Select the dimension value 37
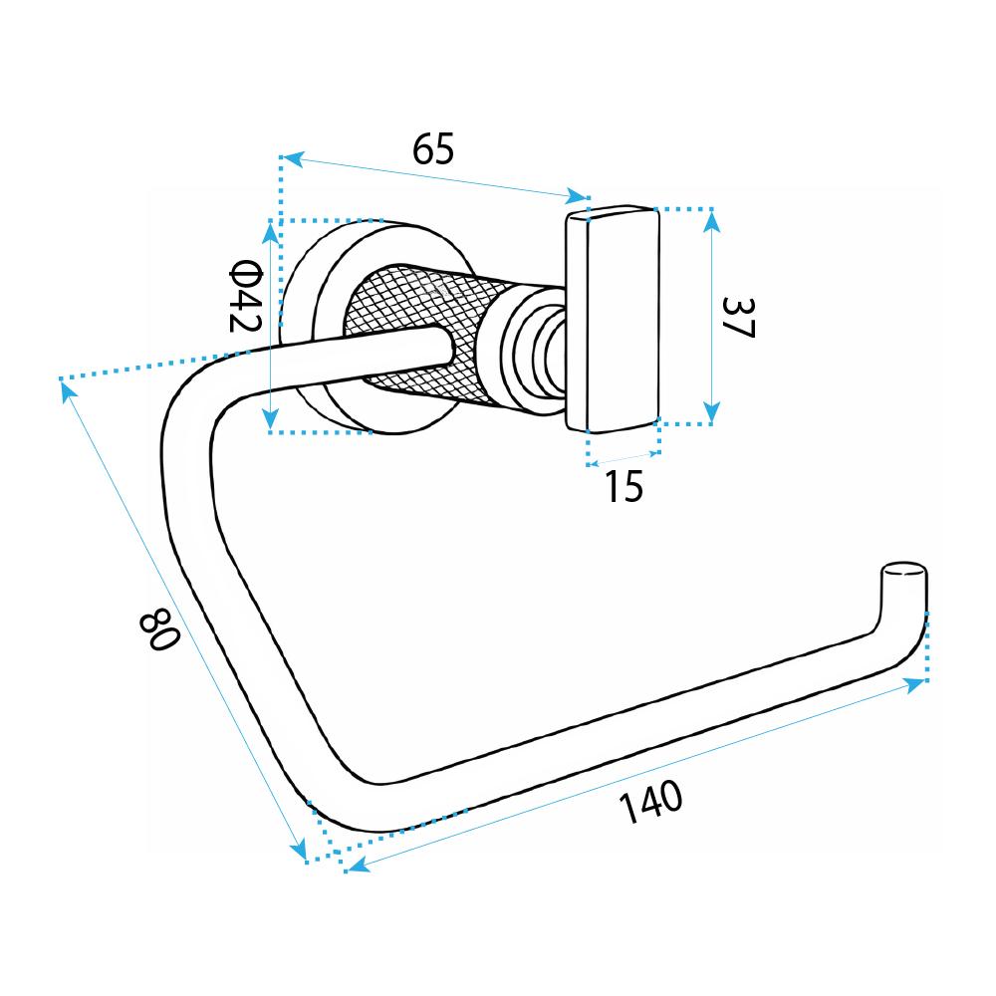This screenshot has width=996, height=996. click(740, 317)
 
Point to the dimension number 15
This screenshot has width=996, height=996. click(624, 486)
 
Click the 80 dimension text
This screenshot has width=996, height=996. click(159, 630)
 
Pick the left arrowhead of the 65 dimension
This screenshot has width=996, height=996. click(290, 157)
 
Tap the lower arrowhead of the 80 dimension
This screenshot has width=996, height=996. click(300, 851)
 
